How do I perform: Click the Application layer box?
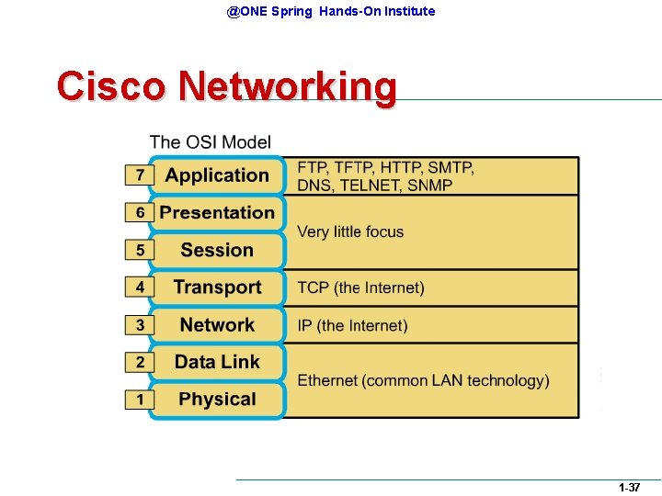point(217,175)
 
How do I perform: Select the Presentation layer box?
point(217,213)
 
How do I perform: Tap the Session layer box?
point(217,250)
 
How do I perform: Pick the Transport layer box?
point(217,287)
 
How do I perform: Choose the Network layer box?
point(217,325)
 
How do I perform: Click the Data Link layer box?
point(217,363)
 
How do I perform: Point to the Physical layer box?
point(217,400)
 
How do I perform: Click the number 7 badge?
point(140,175)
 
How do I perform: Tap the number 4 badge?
point(140,287)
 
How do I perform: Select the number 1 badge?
point(140,400)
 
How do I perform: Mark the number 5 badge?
point(140,250)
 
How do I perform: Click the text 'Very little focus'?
point(350,231)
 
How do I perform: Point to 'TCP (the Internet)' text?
point(360,288)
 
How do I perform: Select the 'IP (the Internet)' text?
point(352,325)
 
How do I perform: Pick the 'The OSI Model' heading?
point(210,141)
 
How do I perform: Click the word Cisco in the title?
point(111,86)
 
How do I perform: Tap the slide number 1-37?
point(629,488)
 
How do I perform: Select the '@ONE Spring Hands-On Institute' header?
point(331,11)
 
